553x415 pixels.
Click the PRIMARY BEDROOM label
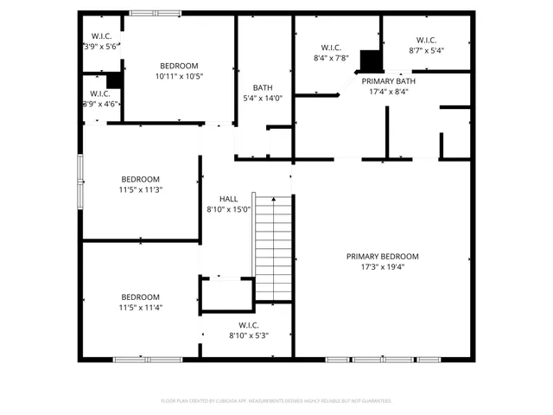point(382,256)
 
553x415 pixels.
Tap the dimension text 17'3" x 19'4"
point(382,267)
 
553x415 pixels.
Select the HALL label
point(228,199)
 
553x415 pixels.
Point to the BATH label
point(263,87)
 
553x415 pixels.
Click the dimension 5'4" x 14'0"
point(263,99)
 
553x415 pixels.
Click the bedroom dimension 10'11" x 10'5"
point(179,77)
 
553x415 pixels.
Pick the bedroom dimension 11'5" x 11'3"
point(141,189)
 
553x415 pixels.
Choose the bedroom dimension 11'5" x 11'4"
point(141,307)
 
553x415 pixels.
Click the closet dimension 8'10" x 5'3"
point(249,335)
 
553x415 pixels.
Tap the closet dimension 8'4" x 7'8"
point(331,58)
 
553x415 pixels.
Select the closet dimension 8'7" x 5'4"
point(426,51)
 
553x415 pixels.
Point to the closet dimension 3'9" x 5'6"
point(100,47)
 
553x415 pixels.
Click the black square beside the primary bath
point(371,61)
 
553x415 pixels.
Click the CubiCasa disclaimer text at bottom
point(276,400)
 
